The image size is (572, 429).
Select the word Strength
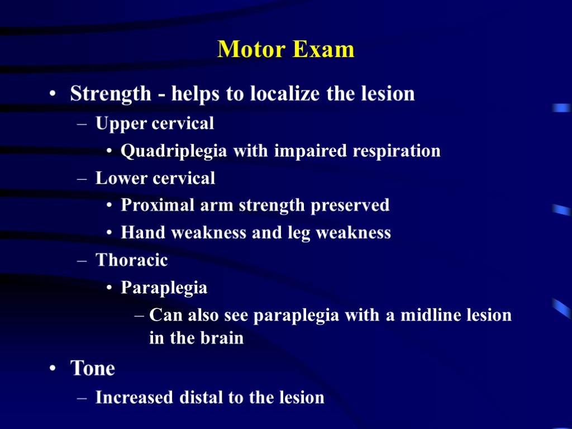pyautogui.click(x=111, y=94)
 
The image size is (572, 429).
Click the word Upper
pyautogui.click(x=118, y=123)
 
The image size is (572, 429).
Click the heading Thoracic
pyautogui.click(x=132, y=260)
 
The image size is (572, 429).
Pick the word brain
pyautogui.click(x=221, y=339)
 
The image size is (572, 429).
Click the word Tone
pyautogui.click(x=92, y=369)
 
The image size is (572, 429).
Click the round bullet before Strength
pyautogui.click(x=52, y=94)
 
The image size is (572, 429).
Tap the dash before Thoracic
pyautogui.click(x=82, y=261)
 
